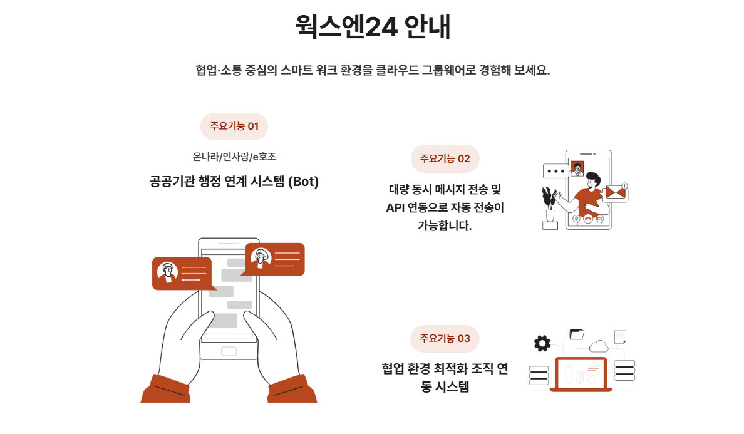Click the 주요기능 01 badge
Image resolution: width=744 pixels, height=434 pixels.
(234, 126)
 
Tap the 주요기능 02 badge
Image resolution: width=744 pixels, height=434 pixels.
(445, 158)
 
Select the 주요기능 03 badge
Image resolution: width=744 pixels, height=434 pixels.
(445, 339)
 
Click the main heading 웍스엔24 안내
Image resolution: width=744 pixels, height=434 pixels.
(373, 26)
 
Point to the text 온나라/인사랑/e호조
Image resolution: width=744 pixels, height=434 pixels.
(234, 157)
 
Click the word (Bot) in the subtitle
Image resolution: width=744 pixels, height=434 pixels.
(304, 182)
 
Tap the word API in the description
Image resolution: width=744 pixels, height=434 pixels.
(395, 208)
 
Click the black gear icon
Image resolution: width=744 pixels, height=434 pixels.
(542, 343)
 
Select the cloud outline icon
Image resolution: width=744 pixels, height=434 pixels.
(599, 346)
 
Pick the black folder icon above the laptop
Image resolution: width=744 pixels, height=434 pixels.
(577, 334)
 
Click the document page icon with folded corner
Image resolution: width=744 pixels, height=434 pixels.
(620, 336)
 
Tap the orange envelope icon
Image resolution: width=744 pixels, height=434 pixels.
(615, 192)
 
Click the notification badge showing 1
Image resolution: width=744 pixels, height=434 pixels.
(624, 186)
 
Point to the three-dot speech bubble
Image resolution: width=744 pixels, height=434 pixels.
(555, 171)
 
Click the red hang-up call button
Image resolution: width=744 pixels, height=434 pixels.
(588, 219)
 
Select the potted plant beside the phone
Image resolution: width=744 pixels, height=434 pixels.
(549, 208)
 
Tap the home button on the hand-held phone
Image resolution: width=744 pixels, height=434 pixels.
(229, 351)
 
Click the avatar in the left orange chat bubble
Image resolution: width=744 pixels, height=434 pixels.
(167, 272)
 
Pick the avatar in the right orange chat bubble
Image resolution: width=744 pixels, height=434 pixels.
(261, 258)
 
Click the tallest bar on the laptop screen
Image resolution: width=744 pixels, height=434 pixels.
(569, 375)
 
